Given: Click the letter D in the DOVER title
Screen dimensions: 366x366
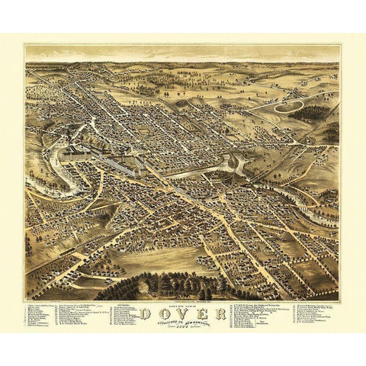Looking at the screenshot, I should click(145, 312).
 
